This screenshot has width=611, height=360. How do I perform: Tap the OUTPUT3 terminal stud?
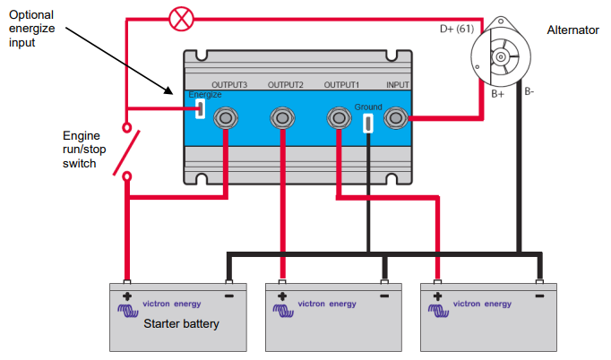point(228,117)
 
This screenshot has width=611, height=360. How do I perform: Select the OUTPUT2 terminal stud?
point(282,117)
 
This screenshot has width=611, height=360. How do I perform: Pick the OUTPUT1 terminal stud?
point(338,117)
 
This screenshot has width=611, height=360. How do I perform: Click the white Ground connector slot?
point(368,122)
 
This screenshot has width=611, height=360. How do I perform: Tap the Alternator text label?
point(572,30)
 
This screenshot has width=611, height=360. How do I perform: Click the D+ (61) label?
point(456,30)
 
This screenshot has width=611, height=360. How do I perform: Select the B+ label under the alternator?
point(498,91)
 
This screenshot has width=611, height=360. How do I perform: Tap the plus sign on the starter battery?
point(127,295)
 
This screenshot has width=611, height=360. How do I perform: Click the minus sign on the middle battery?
point(384,295)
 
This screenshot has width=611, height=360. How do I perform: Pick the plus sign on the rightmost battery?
point(437,295)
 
